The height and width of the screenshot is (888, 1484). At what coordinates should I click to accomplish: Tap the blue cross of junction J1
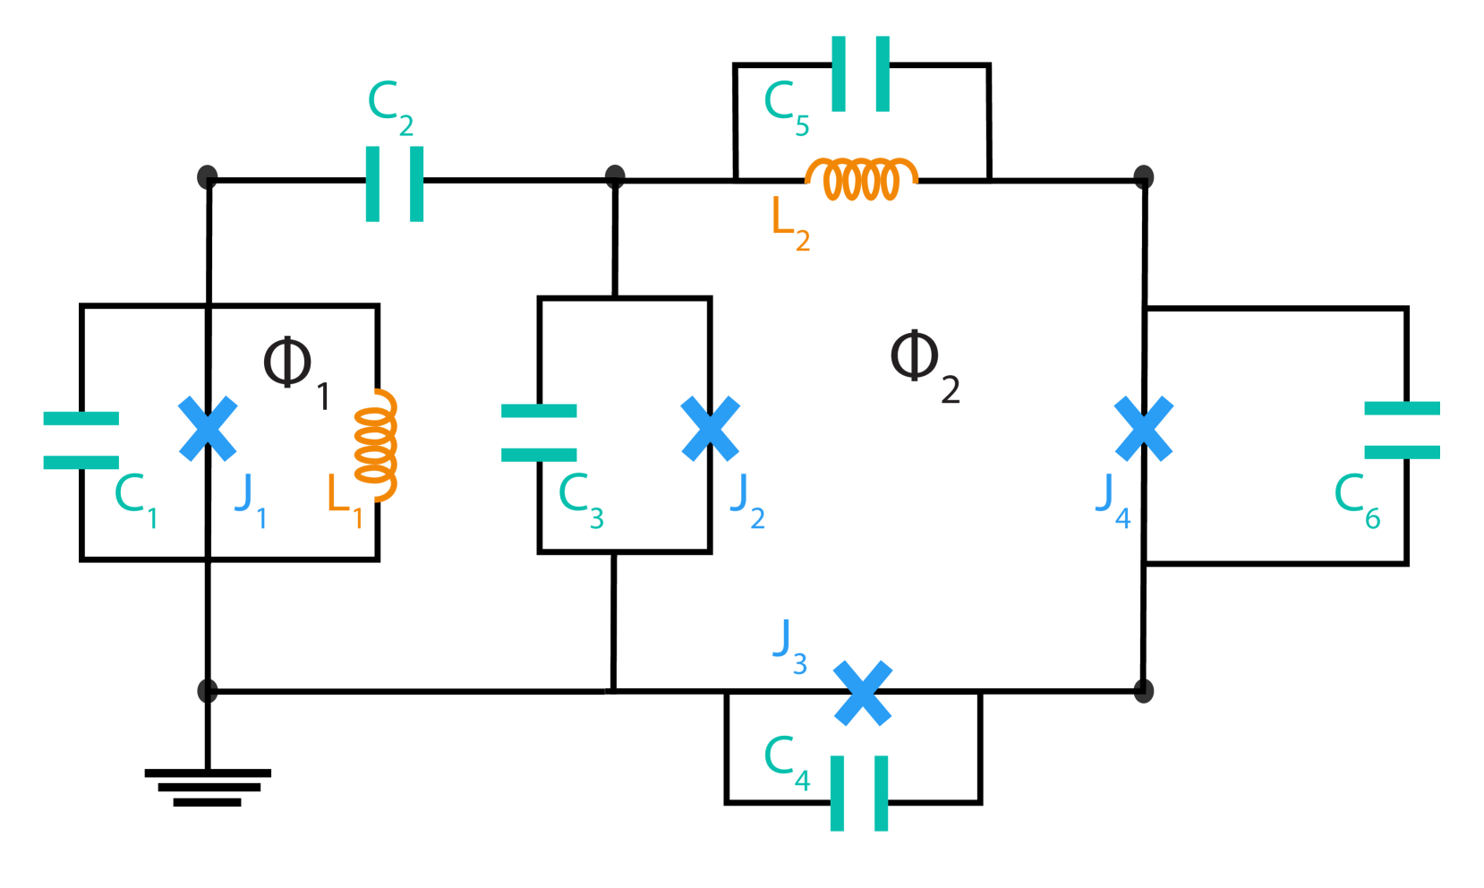[x=208, y=429]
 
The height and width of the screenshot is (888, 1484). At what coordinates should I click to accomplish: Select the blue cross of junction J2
[x=711, y=429]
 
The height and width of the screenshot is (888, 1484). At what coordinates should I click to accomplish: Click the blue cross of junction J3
[x=863, y=693]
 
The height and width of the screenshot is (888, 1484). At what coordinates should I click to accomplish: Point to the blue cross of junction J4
[x=1144, y=429]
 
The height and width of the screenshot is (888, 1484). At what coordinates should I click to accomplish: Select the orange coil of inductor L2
[x=861, y=179]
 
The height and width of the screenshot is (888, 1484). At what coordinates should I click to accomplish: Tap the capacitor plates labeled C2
[x=395, y=184]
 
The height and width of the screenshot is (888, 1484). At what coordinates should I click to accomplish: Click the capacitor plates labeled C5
[x=860, y=73]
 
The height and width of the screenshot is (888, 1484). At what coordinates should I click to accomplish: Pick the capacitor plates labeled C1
[x=81, y=440]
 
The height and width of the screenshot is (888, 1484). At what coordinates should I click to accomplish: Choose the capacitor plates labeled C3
[x=539, y=432]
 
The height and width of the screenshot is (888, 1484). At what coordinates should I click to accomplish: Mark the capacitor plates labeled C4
[x=859, y=793]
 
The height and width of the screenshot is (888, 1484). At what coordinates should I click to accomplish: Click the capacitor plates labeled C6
[x=1402, y=430]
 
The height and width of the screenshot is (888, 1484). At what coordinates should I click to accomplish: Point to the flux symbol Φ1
[x=288, y=363]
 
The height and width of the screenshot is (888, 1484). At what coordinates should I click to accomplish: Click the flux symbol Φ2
[x=916, y=356]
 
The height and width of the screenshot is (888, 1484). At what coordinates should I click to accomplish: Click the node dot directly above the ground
[x=208, y=690]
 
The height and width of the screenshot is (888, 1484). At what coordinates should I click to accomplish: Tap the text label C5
[x=786, y=107]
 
